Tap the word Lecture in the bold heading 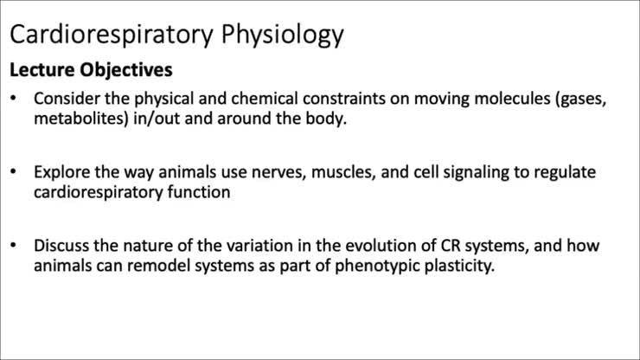(42, 68)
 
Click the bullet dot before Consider (14, 99)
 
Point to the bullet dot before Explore (14, 173)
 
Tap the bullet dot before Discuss (14, 247)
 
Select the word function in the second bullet (200, 192)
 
